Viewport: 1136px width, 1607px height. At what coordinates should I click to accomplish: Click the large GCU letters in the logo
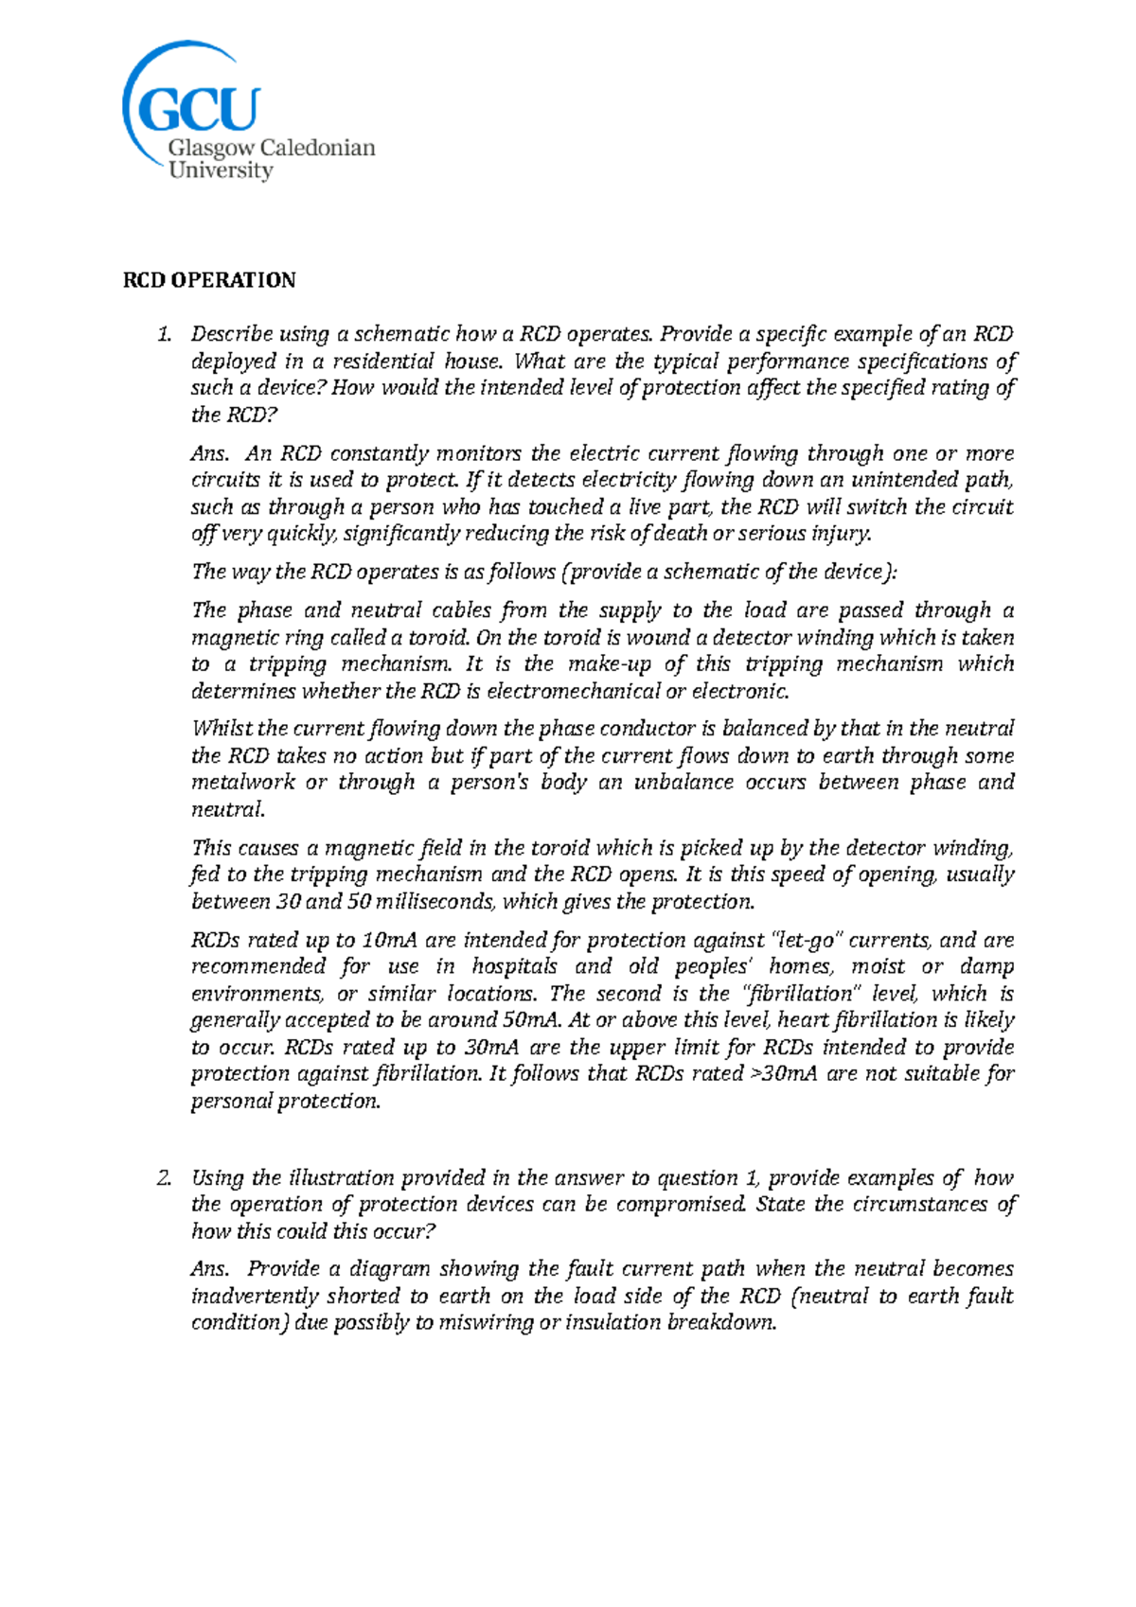pos(199,110)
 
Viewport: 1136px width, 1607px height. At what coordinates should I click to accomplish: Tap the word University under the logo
pos(221,171)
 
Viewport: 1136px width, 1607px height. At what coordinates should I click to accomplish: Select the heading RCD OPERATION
pos(209,280)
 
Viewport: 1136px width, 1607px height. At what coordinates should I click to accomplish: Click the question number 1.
pos(165,334)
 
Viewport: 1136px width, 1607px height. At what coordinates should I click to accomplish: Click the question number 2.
pos(165,1178)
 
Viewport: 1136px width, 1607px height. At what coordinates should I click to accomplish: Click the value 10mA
pos(389,941)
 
